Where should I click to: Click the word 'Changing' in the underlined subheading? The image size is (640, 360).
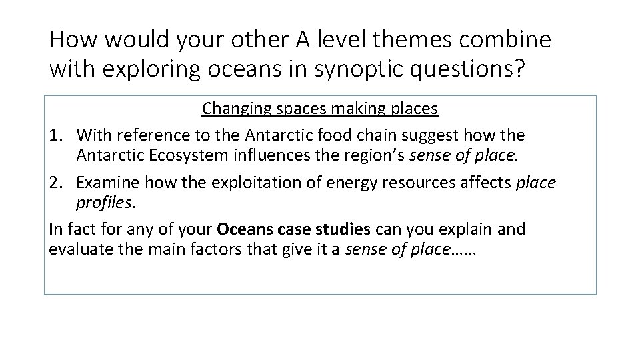click(230, 107)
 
